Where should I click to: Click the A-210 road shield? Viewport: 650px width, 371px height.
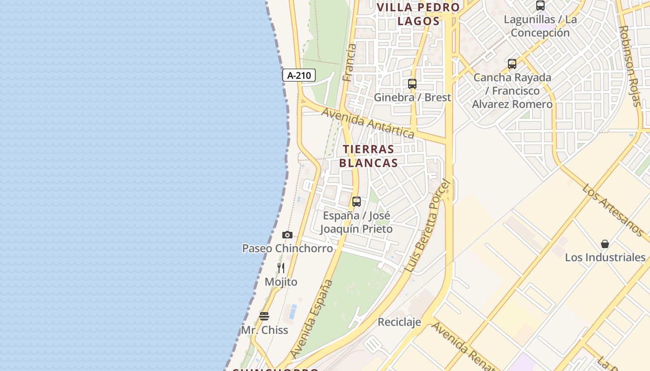pos(299,75)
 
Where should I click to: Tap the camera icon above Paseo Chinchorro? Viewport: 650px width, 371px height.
pos(287,235)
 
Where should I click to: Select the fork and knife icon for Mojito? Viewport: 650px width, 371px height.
pos(281,268)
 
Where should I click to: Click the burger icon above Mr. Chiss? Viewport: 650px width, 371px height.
pos(264,316)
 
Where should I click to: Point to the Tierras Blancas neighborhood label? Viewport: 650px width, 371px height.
pos(369,156)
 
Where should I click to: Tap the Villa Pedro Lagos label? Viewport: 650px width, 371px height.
pos(418,14)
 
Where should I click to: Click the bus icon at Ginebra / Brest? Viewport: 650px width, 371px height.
pos(412,84)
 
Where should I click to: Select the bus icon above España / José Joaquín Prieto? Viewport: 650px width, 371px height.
pos(357,202)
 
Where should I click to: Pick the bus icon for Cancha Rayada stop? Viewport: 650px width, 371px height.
pos(512,64)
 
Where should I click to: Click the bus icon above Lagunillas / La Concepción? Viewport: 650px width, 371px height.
pos(540,6)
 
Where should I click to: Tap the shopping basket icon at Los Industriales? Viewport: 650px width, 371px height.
pos(605,244)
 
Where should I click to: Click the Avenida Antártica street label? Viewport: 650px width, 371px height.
pos(368,123)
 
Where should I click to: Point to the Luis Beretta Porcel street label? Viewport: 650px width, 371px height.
pos(427,226)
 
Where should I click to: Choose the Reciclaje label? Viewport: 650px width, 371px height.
pos(399,322)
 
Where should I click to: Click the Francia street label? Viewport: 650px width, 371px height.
pos(349,63)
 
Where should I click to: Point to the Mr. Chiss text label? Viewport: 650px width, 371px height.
pos(265,330)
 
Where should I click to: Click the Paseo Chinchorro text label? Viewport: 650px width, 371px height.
pos(287,248)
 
